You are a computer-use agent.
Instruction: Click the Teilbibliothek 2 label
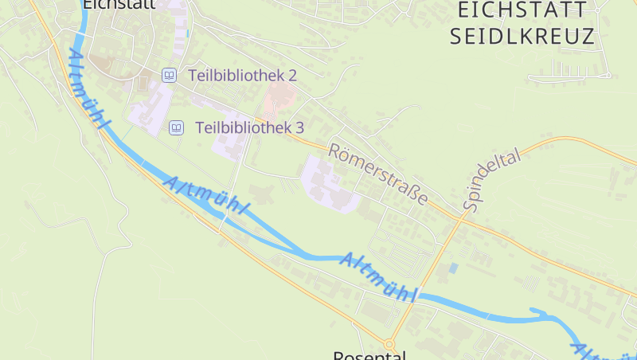tap(242, 76)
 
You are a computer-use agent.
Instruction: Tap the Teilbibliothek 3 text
tap(249, 127)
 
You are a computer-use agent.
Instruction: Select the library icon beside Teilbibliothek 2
tap(169, 76)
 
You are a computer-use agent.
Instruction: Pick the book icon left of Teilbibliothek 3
tap(176, 127)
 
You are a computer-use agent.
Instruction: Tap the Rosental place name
tap(369, 355)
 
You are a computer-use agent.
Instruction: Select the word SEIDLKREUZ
tap(522, 37)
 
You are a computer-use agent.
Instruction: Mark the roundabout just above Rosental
tap(389, 343)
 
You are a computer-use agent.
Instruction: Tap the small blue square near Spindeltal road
tap(453, 268)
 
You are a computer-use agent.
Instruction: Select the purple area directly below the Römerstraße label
tap(330, 185)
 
